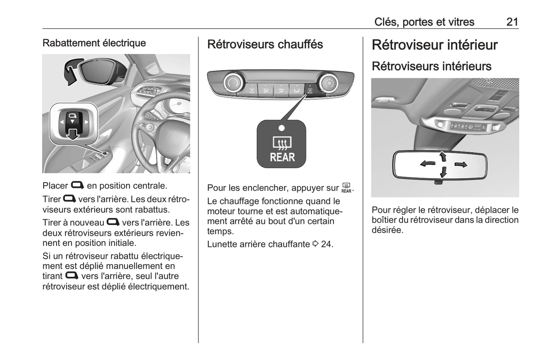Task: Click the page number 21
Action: [x=512, y=22]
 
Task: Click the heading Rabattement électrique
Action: [x=94, y=43]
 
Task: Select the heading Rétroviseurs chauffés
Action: [x=265, y=44]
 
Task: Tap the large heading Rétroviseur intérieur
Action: [x=435, y=45]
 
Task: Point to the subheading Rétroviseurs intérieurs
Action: [x=431, y=66]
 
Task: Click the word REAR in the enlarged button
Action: [x=282, y=157]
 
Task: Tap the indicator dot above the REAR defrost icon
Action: [x=282, y=128]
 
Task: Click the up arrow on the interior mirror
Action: [x=443, y=156]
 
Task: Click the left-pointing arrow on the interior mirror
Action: [x=427, y=163]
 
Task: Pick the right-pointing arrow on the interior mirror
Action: [x=461, y=164]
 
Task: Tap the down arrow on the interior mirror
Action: [x=443, y=172]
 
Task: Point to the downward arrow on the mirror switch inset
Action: [x=73, y=134]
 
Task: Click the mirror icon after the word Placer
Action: [x=77, y=185]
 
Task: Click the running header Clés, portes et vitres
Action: [x=424, y=22]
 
